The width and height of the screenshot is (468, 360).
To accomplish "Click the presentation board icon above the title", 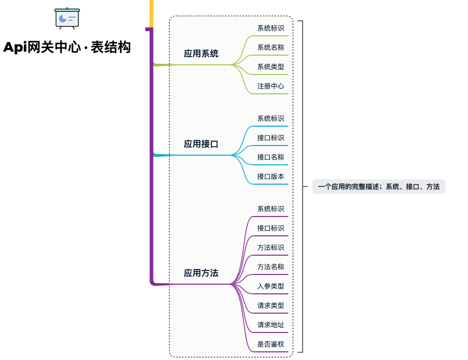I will click(x=67, y=18).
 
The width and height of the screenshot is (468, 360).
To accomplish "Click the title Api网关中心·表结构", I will click(x=67, y=47).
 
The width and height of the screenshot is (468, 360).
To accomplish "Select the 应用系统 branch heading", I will click(x=201, y=54).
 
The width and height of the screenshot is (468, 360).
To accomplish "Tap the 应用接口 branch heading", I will click(x=201, y=144).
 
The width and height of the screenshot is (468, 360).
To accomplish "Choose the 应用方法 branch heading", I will click(x=201, y=273).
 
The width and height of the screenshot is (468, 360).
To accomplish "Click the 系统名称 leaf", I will click(x=270, y=48).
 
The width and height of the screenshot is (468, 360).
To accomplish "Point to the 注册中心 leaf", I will click(x=270, y=86).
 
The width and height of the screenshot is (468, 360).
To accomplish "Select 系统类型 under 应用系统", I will click(x=270, y=67).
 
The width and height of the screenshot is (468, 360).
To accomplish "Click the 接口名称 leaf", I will click(x=270, y=157).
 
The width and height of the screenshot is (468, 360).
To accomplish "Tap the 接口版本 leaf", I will click(x=270, y=177).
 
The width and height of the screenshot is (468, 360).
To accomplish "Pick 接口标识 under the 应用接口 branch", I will click(x=270, y=138).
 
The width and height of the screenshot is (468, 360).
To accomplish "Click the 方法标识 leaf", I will click(x=270, y=248).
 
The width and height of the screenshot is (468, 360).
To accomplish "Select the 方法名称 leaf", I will click(x=270, y=267).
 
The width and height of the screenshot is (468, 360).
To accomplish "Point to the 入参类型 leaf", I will click(x=270, y=286).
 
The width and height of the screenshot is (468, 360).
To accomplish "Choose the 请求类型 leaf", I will click(x=270, y=306).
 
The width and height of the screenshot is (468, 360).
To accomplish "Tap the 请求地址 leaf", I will click(x=270, y=325).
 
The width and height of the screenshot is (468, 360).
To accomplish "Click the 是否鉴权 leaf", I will click(x=270, y=344).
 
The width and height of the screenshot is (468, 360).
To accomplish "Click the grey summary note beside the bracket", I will click(x=378, y=187).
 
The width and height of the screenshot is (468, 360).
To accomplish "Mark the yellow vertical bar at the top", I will click(x=152, y=13).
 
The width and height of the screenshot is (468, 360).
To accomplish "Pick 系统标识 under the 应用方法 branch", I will click(x=270, y=209).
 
